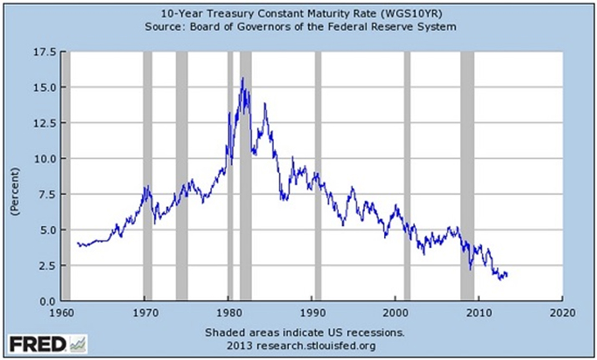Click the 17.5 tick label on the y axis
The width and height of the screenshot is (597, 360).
[x=44, y=52]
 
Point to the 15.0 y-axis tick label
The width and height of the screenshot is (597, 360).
[x=44, y=87]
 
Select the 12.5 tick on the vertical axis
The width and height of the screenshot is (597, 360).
[x=44, y=123]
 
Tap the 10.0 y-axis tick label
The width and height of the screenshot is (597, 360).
[x=44, y=159]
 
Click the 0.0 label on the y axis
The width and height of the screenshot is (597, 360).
[x=48, y=301]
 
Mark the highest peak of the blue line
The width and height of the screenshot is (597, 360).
[x=242, y=79]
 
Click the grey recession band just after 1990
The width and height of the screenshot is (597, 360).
[x=317, y=175]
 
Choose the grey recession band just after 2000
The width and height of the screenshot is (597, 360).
[x=407, y=175]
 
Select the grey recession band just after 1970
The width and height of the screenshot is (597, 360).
[x=148, y=175]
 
